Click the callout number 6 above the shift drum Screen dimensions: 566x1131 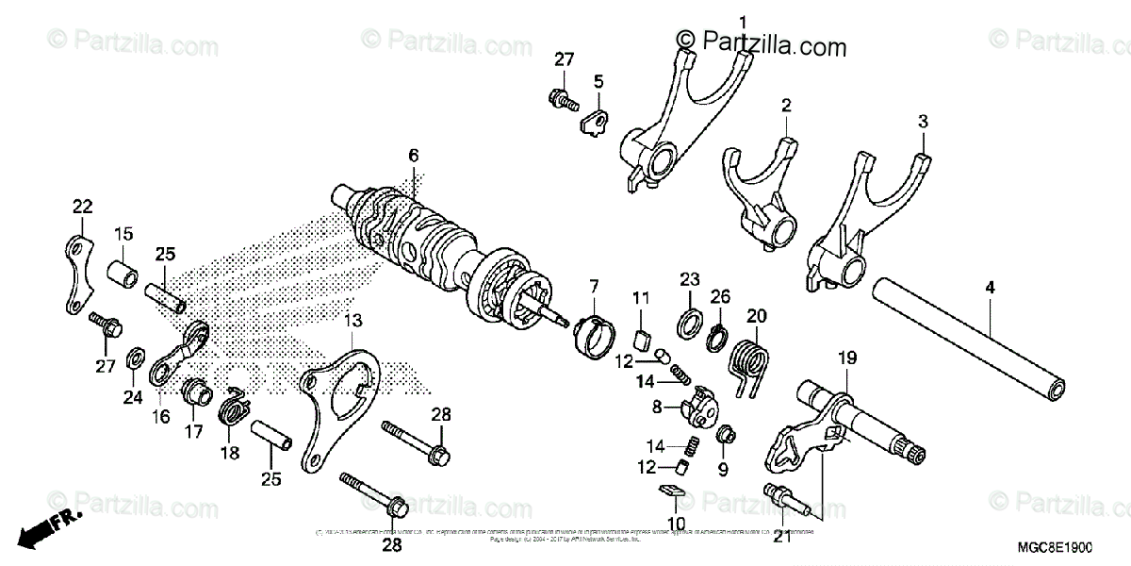coord(413,156)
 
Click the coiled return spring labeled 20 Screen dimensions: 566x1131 coord(754,358)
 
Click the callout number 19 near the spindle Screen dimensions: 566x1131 coord(845,357)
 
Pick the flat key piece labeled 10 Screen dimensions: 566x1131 coord(668,490)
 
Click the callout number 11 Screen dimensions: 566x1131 coord(642,298)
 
